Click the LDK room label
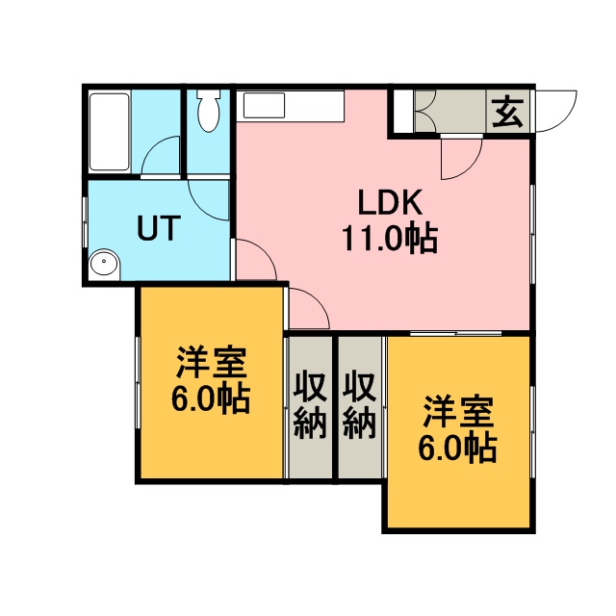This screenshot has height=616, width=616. pos(390,202)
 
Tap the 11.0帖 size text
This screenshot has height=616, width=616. pos(390,238)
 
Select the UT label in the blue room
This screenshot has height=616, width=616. pos(159,228)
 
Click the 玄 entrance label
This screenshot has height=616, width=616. pos(508,112)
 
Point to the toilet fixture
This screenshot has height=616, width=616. pos(209,111)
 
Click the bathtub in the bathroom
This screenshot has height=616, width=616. pos(110,132)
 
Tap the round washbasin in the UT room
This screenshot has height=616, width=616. pos(104,261)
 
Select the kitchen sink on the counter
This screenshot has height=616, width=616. pos(264,105)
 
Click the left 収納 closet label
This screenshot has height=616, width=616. pos(310,404)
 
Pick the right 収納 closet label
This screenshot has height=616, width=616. pos(359,404)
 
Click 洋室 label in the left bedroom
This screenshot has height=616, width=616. pos(212,362)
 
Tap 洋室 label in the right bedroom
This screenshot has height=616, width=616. pos(458,412)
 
